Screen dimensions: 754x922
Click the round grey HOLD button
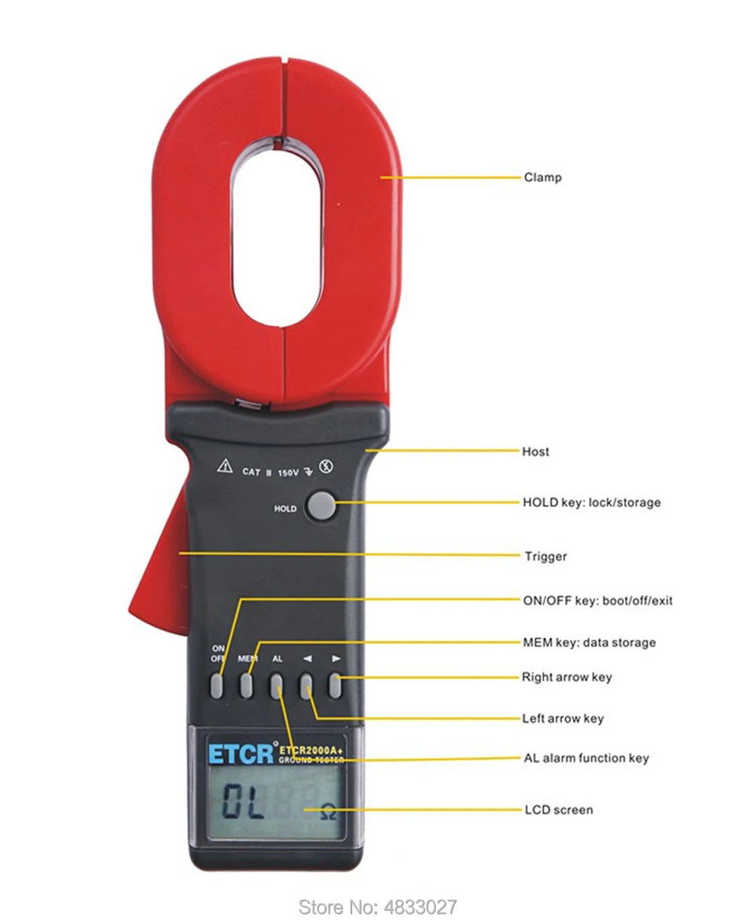click(x=321, y=506)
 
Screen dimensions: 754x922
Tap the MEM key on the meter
click(x=246, y=685)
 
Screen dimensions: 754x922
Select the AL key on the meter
click(x=276, y=686)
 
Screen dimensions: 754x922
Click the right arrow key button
click(x=335, y=686)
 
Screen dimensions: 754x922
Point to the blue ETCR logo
click(x=241, y=754)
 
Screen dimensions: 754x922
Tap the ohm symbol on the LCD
click(x=328, y=812)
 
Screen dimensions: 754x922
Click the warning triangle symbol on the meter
click(x=225, y=466)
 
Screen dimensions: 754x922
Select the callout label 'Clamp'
click(x=543, y=177)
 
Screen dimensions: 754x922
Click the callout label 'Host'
click(x=535, y=451)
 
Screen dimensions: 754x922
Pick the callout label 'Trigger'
click(x=546, y=556)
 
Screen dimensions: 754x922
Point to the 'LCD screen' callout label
click(x=559, y=810)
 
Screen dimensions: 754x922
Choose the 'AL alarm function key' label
click(x=587, y=758)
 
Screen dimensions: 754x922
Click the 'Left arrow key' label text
click(x=562, y=718)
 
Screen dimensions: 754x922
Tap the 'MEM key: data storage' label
click(x=590, y=642)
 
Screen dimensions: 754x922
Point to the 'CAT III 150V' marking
click(x=270, y=472)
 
